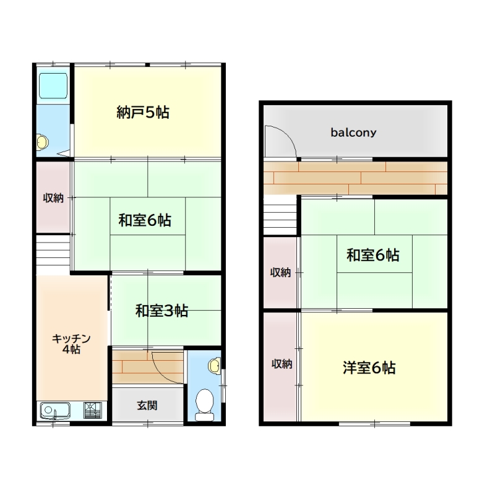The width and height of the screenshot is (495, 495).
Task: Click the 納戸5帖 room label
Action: click(143, 113)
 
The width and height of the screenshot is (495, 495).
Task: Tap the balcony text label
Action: click(353, 132)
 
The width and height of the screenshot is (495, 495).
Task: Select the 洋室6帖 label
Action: click(369, 368)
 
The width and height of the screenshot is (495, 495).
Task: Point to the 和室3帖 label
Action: click(161, 311)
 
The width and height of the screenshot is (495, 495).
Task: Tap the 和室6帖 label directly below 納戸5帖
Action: click(145, 220)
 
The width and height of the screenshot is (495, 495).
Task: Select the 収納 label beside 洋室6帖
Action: click(282, 364)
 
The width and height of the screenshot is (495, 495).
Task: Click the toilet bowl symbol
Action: click(204, 405)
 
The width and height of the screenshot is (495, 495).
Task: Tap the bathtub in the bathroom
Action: click(53, 88)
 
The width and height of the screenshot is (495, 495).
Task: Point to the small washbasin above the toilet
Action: click(213, 366)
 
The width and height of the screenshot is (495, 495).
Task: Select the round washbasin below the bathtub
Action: click(42, 143)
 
